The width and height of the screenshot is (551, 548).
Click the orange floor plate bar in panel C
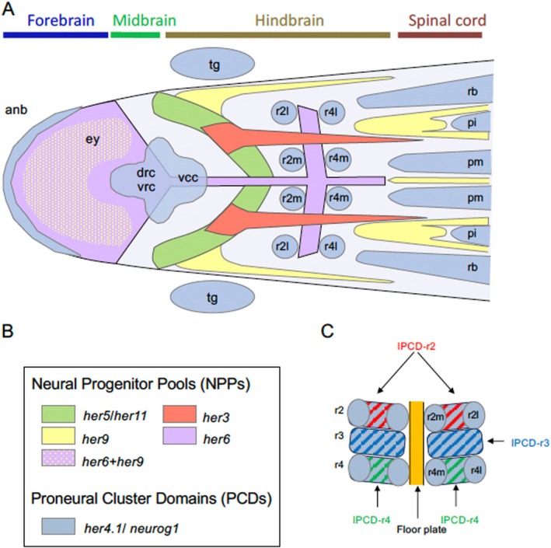[416, 442]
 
